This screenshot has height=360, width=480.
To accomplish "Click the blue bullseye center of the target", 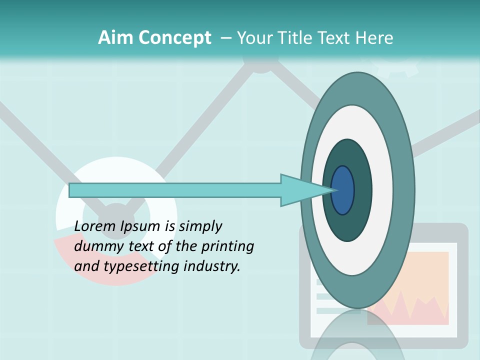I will coord(343,190).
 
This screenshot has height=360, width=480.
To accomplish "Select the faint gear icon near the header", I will coord(395,67).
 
